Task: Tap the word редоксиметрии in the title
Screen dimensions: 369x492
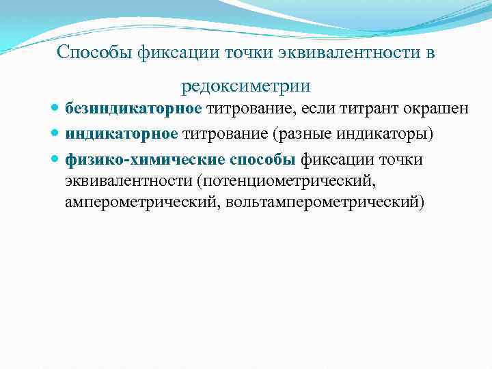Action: [246, 87]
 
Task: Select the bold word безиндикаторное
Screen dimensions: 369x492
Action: [133, 109]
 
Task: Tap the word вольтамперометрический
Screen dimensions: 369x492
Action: [325, 202]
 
